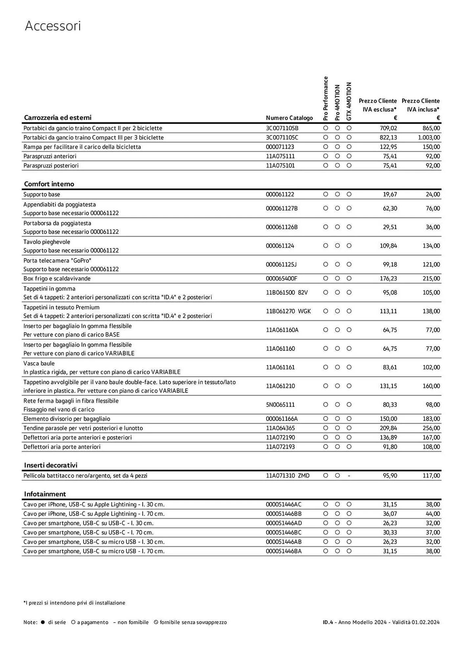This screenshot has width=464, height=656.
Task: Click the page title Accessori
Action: (x=53, y=26)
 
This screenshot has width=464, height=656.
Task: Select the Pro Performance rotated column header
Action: (x=325, y=98)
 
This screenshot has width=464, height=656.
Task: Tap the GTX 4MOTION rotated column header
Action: (x=349, y=101)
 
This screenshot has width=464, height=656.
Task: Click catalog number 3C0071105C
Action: (x=282, y=137)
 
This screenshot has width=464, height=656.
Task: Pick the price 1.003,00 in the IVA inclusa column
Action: (x=429, y=137)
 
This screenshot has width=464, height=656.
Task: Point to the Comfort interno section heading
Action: (x=49, y=184)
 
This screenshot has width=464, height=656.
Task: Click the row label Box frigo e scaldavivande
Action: (x=57, y=278)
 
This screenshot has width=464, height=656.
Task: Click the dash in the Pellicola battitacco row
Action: (x=349, y=476)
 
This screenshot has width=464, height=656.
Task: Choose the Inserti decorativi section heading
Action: (x=51, y=465)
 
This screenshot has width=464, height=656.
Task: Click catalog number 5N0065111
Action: (x=280, y=405)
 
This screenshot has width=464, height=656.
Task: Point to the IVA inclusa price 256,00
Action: (x=431, y=428)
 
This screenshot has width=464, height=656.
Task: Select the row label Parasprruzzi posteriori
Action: (x=51, y=166)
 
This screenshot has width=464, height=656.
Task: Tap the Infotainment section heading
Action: (x=45, y=494)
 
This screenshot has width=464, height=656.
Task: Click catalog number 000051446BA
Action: (x=283, y=551)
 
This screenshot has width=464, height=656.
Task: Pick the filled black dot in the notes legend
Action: (x=43, y=622)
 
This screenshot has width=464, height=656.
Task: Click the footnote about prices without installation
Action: (x=74, y=603)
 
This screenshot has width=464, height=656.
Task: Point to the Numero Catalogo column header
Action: (x=289, y=118)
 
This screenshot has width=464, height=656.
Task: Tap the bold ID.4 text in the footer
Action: (x=328, y=622)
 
